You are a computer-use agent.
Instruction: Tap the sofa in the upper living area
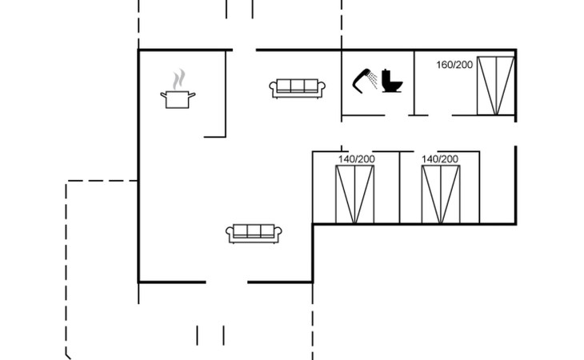298,88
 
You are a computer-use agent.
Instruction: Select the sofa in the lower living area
255,233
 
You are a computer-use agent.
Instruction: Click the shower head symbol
366,80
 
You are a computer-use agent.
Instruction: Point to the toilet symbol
393,81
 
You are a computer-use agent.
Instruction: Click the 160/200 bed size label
454,65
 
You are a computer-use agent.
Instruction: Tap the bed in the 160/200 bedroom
496,86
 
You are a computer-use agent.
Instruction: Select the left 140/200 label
356,159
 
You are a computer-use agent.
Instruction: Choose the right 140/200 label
441,159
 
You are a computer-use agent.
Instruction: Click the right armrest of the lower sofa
281,234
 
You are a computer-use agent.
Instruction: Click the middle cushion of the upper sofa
298,86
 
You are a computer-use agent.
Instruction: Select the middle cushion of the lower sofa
255,231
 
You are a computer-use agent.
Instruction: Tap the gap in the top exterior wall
244,50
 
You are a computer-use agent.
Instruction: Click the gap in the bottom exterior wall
226,282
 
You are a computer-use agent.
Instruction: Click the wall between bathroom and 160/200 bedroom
414,82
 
